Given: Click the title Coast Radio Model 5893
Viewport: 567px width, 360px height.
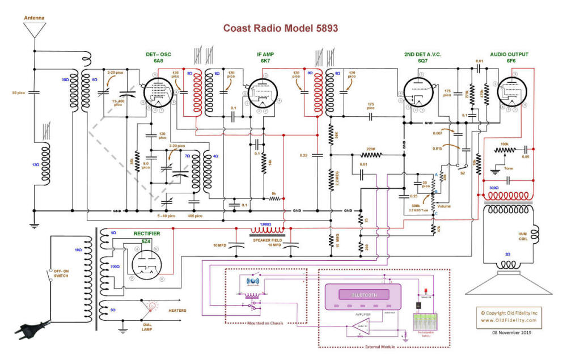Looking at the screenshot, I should tap(281, 28).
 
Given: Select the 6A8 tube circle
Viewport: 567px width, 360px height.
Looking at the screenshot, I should tap(158, 93).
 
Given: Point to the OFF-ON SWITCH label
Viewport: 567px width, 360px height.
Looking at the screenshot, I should tap(62, 272).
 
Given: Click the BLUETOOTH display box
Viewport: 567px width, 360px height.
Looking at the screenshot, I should tap(363, 295).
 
